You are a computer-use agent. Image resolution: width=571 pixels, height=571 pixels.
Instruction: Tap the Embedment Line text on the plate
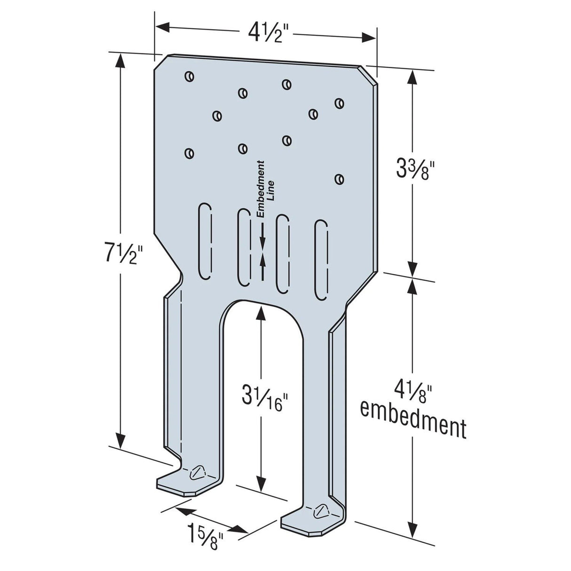[264, 188]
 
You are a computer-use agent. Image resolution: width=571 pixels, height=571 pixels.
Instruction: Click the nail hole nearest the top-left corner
[189, 76]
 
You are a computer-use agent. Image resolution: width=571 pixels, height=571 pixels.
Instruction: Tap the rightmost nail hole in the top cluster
[339, 103]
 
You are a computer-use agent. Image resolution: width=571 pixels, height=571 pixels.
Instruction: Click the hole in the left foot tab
[197, 472]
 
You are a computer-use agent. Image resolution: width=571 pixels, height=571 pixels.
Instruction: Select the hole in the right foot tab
[322, 510]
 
